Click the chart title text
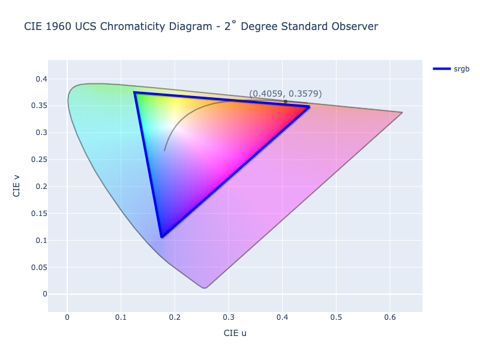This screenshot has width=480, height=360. [x=201, y=26]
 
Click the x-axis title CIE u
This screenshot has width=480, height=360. [x=235, y=333]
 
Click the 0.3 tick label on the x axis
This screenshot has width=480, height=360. [x=229, y=318]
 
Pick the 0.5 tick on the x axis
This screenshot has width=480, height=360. [x=336, y=318]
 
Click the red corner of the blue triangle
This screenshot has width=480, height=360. [x=309, y=107]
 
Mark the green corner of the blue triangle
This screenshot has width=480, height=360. [x=135, y=93]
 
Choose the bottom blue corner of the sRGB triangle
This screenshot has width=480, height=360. [x=162, y=237]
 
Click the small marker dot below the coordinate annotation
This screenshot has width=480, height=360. [x=286, y=102]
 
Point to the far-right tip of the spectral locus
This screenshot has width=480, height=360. [x=402, y=113]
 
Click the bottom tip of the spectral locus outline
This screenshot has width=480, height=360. [x=205, y=288]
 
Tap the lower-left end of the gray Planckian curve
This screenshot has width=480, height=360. [x=164, y=151]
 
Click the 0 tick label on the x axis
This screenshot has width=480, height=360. [x=67, y=318]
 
